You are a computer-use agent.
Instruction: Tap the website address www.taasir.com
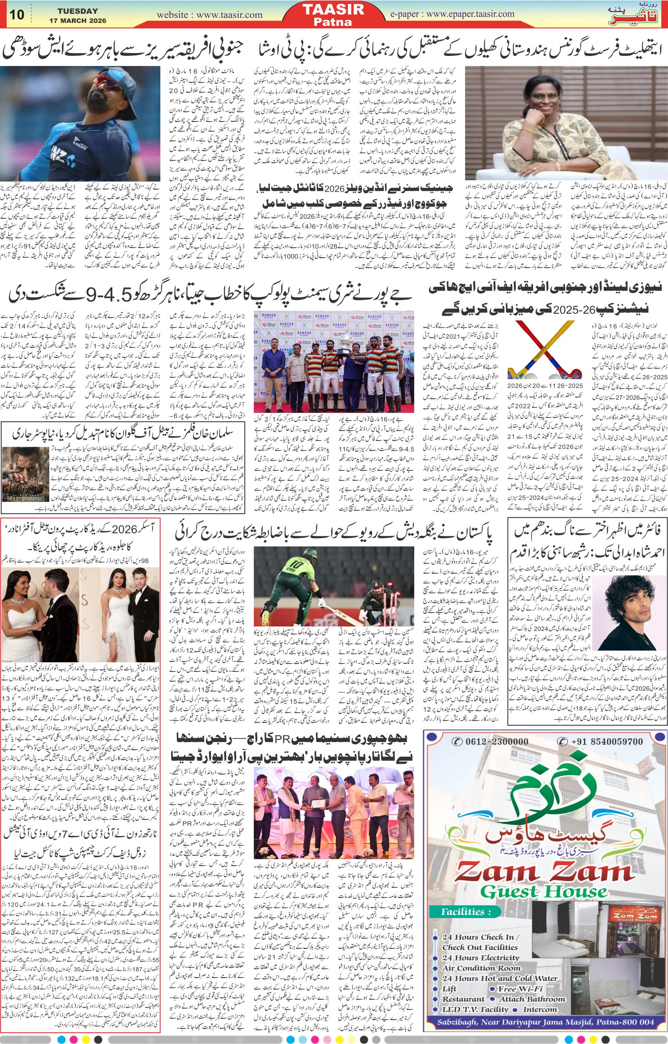coord(210,15)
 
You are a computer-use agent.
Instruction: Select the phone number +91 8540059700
coord(607,730)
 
